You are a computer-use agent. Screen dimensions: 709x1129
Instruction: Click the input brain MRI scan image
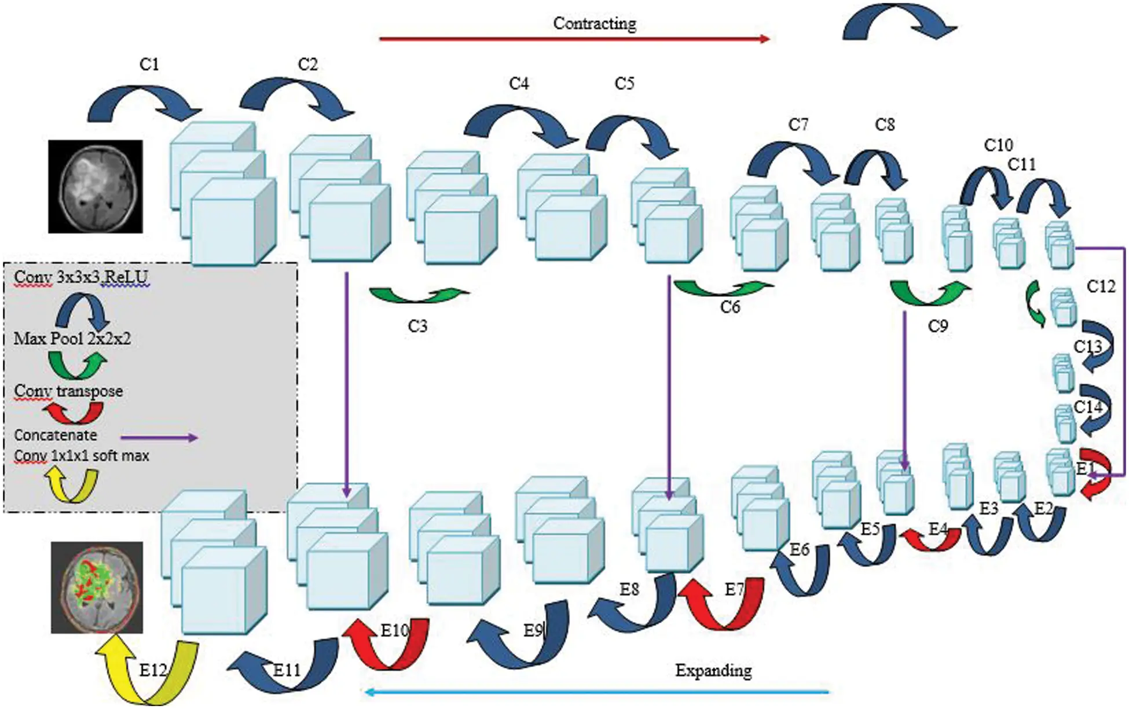click(x=96, y=186)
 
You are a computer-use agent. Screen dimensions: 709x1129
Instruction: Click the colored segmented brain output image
click(x=97, y=587)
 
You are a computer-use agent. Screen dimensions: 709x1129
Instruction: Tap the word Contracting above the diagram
click(x=594, y=24)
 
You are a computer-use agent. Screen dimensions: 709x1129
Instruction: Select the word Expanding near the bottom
click(x=713, y=670)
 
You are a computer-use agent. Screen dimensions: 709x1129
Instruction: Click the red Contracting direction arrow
click(x=573, y=39)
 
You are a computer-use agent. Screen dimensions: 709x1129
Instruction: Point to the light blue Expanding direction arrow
click(x=596, y=692)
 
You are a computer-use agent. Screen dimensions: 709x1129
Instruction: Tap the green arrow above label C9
click(x=929, y=293)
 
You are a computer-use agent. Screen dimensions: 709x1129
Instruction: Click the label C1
click(x=149, y=64)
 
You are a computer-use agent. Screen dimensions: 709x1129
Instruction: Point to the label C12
click(x=1100, y=286)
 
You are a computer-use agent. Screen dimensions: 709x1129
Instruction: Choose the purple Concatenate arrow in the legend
click(x=159, y=438)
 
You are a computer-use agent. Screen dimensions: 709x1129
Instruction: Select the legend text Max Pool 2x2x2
click(x=72, y=339)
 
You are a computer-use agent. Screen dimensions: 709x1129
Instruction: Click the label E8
click(x=629, y=589)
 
